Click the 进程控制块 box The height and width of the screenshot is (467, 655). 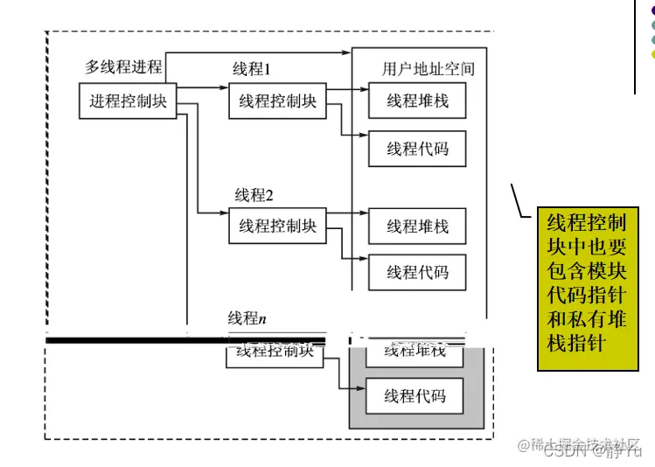(x=128, y=101)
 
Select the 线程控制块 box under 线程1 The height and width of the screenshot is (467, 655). (x=277, y=101)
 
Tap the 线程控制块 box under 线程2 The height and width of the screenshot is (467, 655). (x=277, y=226)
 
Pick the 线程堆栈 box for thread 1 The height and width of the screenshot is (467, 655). (x=417, y=101)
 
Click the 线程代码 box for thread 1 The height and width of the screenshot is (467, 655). (x=417, y=149)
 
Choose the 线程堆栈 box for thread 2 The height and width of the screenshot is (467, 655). (x=417, y=226)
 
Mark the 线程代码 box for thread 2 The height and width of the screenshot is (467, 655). (x=417, y=272)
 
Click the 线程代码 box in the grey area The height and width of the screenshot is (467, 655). (x=415, y=396)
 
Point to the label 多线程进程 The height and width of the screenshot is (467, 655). (x=123, y=66)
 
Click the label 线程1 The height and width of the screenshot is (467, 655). (x=252, y=69)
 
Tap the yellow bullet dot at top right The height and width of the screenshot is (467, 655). (x=650, y=53)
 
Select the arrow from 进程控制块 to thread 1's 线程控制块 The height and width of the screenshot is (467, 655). (x=202, y=88)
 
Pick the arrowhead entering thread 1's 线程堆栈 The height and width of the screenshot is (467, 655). (x=362, y=88)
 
